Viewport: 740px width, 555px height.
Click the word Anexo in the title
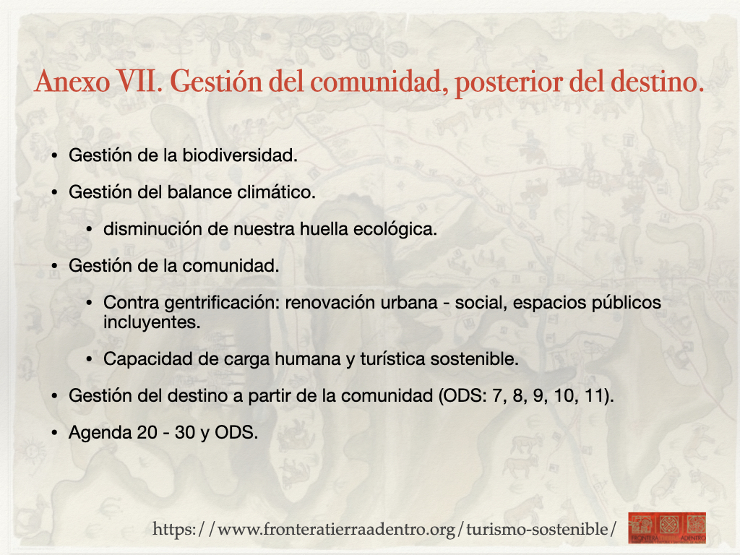[72, 81]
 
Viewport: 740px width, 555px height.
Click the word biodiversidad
[240, 155]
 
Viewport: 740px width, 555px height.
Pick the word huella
[324, 229]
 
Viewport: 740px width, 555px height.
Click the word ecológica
[395, 229]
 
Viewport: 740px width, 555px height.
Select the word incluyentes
[152, 322]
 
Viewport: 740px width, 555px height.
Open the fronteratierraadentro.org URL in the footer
[384, 529]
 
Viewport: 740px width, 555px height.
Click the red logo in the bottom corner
[667, 528]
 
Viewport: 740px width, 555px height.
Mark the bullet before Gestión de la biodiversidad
[55, 156]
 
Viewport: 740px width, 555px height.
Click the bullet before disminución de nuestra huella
[90, 229]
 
